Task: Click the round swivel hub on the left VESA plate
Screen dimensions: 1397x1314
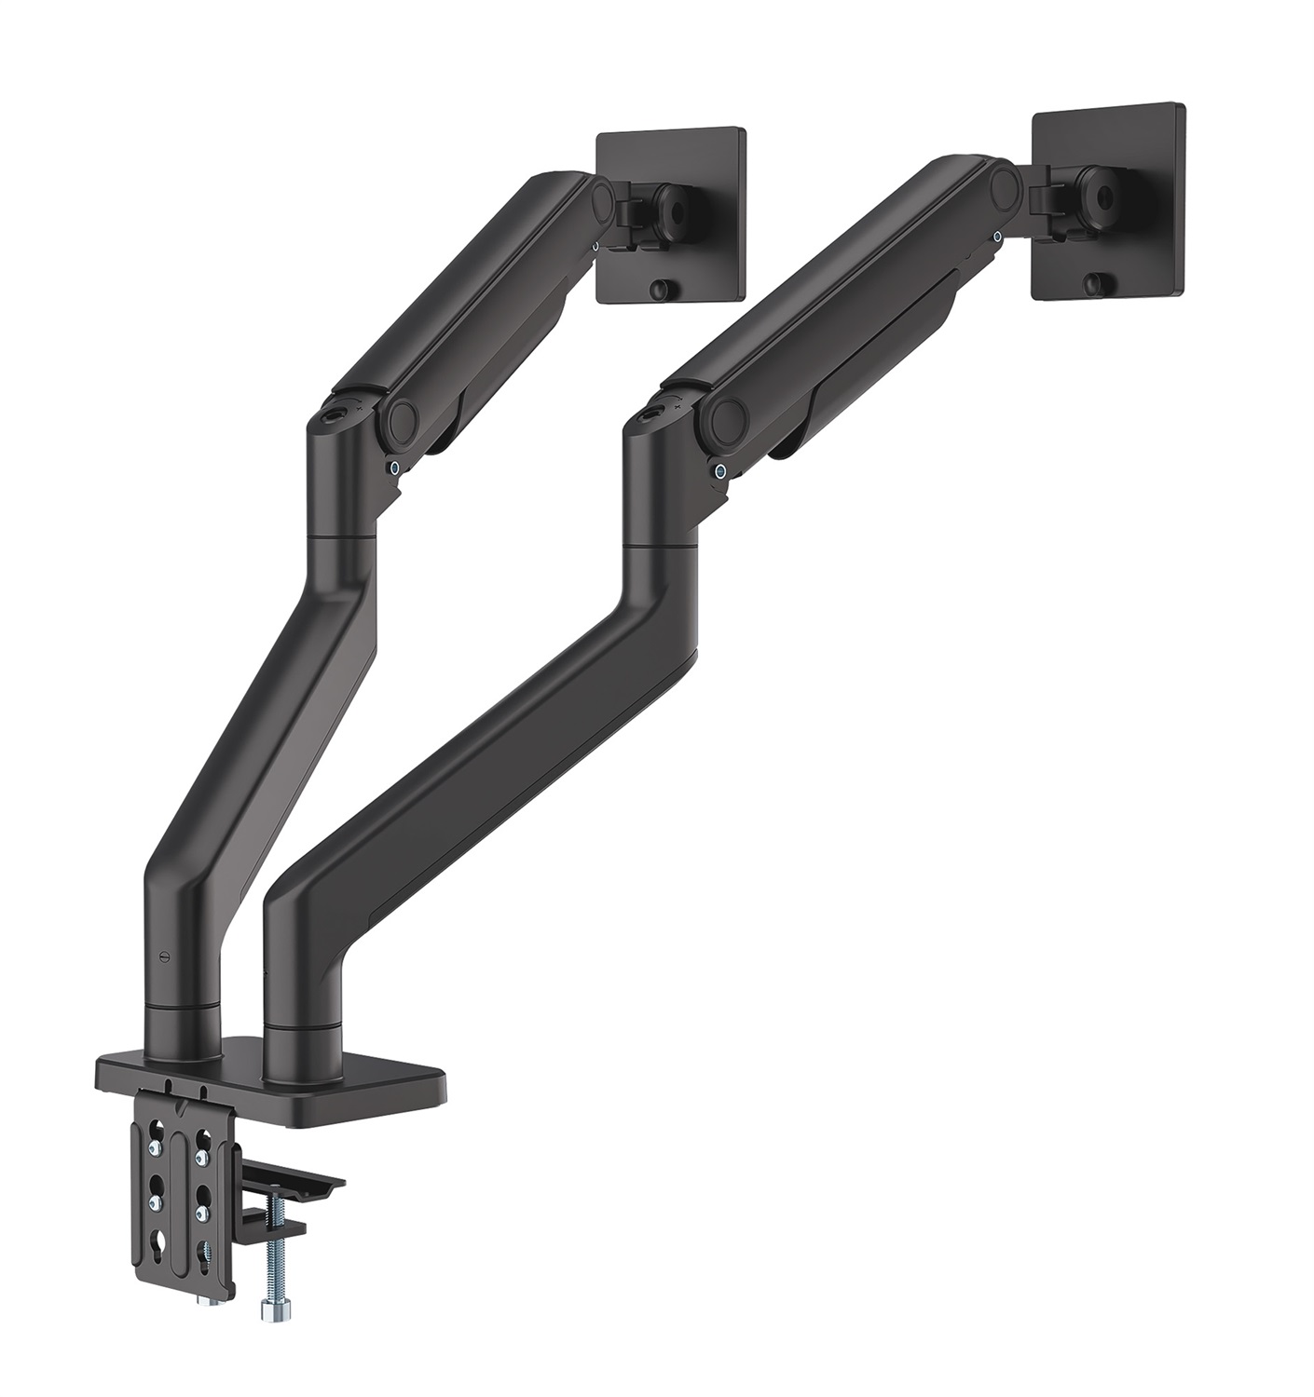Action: point(669,201)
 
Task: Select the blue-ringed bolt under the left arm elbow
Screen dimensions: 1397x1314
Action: point(398,468)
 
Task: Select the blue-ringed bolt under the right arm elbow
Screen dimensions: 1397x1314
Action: point(720,471)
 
